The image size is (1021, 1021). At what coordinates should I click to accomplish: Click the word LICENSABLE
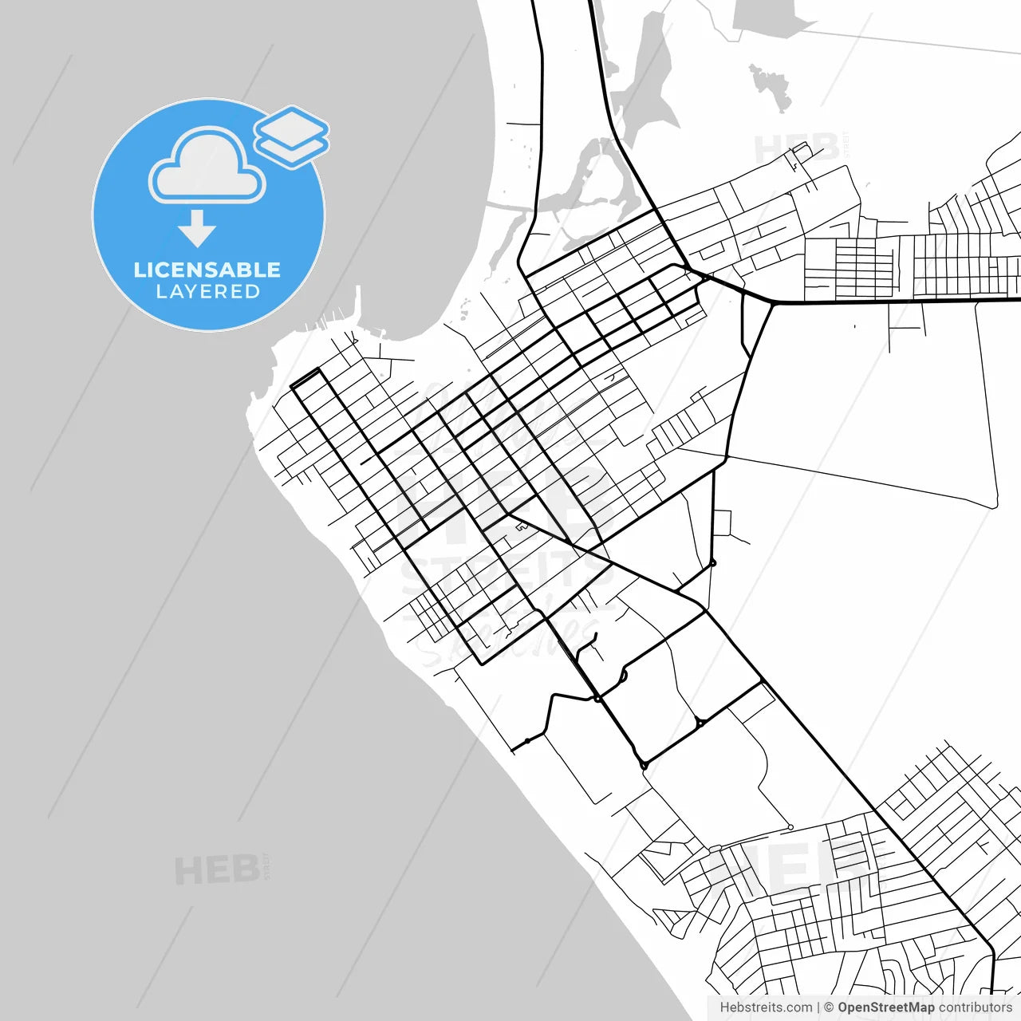[x=207, y=270]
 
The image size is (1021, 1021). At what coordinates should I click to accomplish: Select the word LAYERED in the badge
[x=207, y=292]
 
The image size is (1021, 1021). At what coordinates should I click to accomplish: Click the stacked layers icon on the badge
[x=292, y=136]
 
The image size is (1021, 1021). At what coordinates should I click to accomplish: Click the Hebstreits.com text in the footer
[x=766, y=1007]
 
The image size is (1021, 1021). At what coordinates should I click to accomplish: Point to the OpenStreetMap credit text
[x=885, y=1007]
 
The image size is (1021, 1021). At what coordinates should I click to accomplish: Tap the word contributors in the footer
[x=975, y=1007]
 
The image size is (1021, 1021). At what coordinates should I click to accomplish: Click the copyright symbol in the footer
[x=829, y=1007]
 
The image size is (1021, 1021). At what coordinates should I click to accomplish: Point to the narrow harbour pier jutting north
[x=358, y=307]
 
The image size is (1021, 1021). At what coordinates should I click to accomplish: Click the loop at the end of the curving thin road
[x=790, y=826]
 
